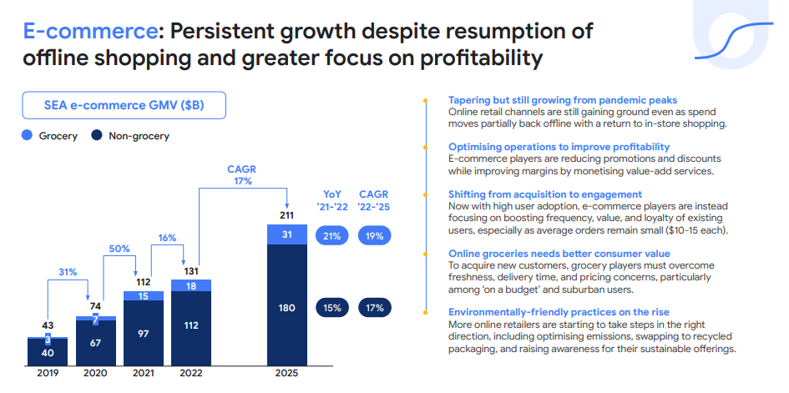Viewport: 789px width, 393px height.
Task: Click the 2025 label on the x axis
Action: pyautogui.click(x=286, y=375)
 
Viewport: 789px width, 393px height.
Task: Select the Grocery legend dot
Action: pyautogui.click(x=27, y=136)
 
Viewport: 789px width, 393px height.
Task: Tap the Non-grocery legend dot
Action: pyautogui.click(x=97, y=136)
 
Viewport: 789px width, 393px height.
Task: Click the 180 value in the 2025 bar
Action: pyautogui.click(x=286, y=307)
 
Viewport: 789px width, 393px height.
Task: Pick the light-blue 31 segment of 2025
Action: pyautogui.click(x=286, y=236)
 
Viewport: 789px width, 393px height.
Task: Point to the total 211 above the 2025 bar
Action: pyautogui.click(x=286, y=215)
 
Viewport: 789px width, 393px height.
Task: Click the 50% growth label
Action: pyautogui.click(x=120, y=249)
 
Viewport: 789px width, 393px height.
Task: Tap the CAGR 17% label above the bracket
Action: pyautogui.click(x=242, y=175)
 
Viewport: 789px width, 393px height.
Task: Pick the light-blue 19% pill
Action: pyautogui.click(x=375, y=236)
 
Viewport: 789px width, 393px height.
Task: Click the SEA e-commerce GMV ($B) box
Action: pyautogui.click(x=123, y=105)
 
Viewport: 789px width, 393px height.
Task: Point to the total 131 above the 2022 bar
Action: pyautogui.click(x=191, y=270)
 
